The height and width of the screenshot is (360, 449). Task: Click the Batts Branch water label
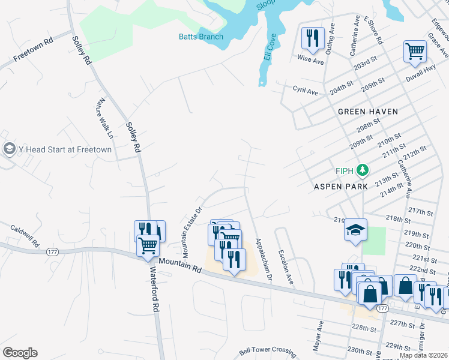pyautogui.click(x=201, y=37)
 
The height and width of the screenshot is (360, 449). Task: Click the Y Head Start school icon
pyautogui.click(x=9, y=149)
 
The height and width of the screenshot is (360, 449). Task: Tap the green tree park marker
pyautogui.click(x=362, y=171)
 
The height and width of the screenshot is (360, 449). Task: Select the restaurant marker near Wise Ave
pyautogui.click(x=313, y=38)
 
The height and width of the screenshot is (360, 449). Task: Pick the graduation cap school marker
pyautogui.click(x=355, y=230)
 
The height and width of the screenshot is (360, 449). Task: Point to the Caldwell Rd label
pyautogui.click(x=24, y=237)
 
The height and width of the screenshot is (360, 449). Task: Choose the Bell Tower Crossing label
pyautogui.click(x=267, y=351)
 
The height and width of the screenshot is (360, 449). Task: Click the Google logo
pyautogui.click(x=19, y=353)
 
